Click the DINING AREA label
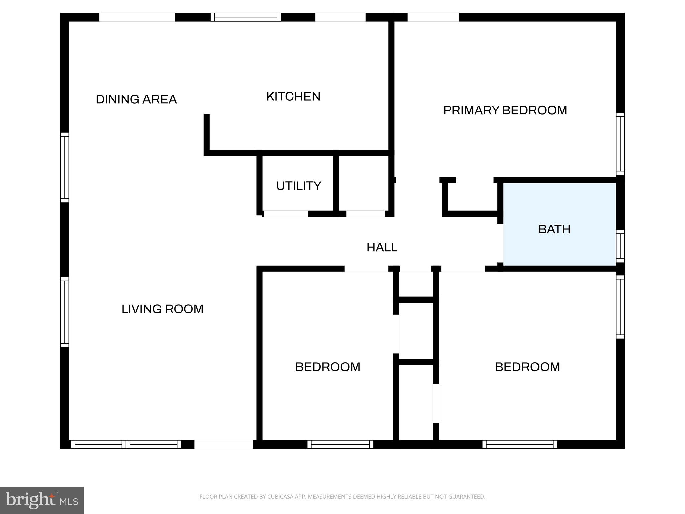click(x=136, y=99)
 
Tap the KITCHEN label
click(x=293, y=96)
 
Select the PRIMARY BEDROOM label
click(x=505, y=110)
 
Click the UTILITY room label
click(x=298, y=186)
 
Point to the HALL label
click(x=382, y=247)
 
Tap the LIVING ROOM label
click(x=162, y=309)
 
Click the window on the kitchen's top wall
click(x=246, y=17)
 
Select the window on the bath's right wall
click(x=620, y=246)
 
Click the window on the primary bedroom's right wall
click(x=620, y=144)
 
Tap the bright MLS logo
click(x=42, y=500)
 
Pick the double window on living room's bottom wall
click(x=126, y=444)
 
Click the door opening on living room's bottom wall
click(x=223, y=444)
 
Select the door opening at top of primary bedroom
click(x=433, y=17)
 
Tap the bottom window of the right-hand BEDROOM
click(x=519, y=444)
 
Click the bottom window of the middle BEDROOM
click(x=340, y=444)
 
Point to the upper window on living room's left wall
click(x=65, y=167)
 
